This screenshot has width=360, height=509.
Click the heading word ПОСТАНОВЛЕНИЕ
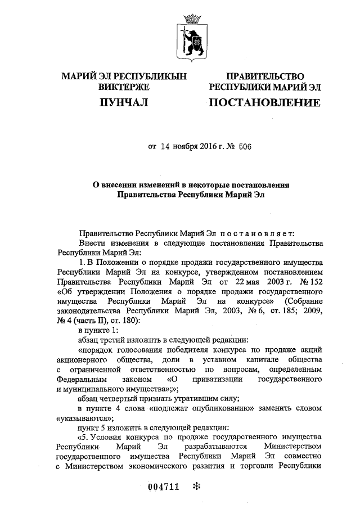click(264, 102)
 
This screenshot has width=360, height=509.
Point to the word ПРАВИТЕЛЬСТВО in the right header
click(264, 76)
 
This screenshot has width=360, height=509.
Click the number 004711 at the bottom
click(163, 487)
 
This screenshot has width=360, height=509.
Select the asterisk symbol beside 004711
click(196, 487)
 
